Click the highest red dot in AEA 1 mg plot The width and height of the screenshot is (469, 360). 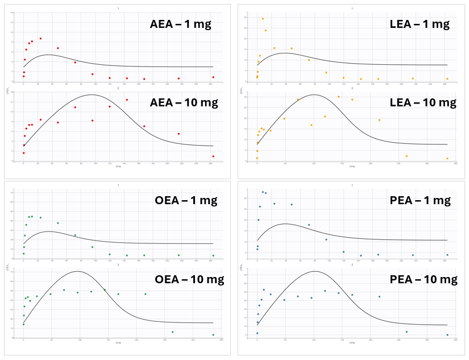tap(40, 39)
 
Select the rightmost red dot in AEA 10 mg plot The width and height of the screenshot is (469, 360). tap(213, 156)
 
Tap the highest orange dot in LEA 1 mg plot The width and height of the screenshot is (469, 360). tap(263, 19)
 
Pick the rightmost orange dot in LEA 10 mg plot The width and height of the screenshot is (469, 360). tap(447, 159)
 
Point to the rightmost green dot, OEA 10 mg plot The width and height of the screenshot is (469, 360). tap(213, 335)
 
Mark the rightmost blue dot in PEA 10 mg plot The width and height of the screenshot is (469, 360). tap(447, 335)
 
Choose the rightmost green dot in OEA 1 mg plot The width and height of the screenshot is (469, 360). tap(213, 255)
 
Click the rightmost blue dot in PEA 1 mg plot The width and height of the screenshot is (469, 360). tap(447, 255)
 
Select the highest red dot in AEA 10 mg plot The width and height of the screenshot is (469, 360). tap(127, 100)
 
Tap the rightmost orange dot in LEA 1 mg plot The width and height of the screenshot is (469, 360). tap(447, 79)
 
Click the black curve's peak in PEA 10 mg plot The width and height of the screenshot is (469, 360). tap(315, 271)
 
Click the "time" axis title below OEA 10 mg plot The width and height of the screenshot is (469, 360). tap(118, 343)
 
